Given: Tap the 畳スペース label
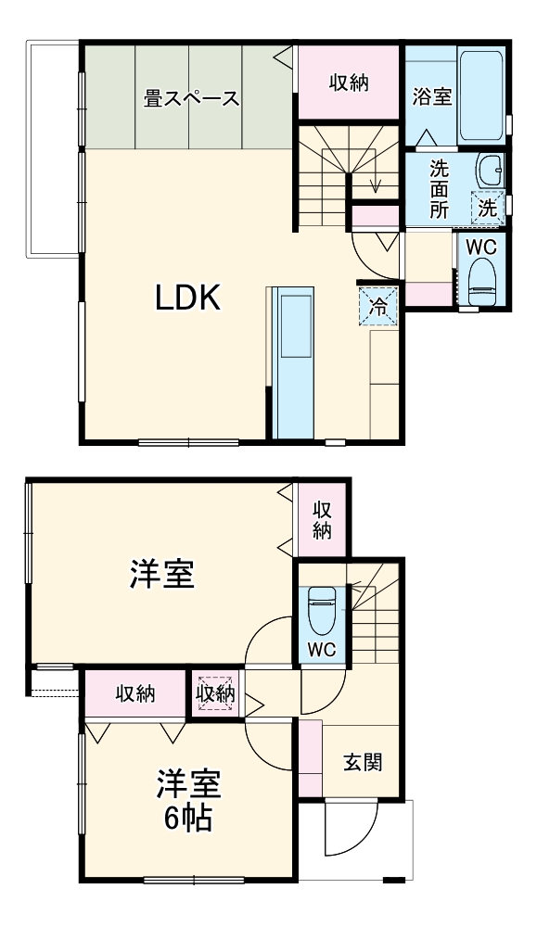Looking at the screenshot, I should (192, 98).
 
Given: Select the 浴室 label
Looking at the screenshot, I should (432, 95).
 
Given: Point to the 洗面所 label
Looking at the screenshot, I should (439, 189).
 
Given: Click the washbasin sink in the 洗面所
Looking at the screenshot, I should (489, 170).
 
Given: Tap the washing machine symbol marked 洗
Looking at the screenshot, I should (487, 208).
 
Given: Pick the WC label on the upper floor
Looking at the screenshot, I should (480, 248).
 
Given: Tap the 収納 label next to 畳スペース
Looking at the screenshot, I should (349, 83).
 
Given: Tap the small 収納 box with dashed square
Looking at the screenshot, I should (215, 692).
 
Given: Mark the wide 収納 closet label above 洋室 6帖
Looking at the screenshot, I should (135, 693).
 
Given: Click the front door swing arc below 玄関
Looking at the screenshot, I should (352, 830).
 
